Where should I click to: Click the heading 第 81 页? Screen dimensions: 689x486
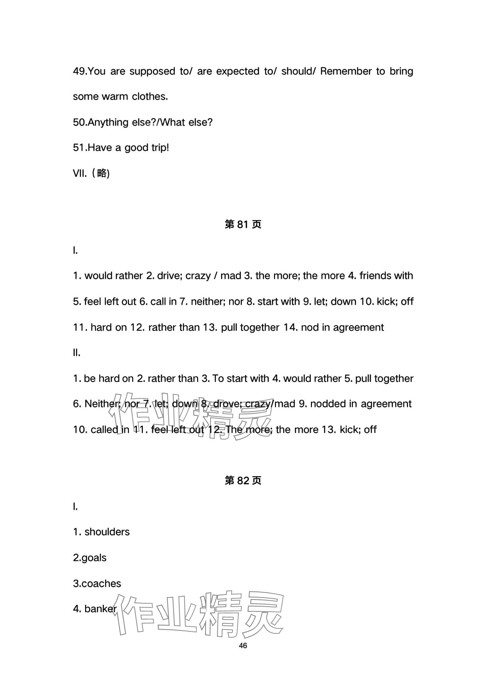[x=243, y=225]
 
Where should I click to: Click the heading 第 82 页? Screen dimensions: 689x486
[x=243, y=481]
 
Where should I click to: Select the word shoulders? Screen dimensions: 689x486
[x=107, y=532]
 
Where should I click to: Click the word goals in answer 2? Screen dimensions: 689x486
[x=94, y=558]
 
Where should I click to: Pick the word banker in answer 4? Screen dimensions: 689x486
[x=100, y=609]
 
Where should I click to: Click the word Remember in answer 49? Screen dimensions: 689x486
[x=346, y=71]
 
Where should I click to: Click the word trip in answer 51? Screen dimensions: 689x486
[x=160, y=148]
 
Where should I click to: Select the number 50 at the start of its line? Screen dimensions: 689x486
[x=79, y=122]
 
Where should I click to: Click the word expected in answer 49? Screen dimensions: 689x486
[x=237, y=71]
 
